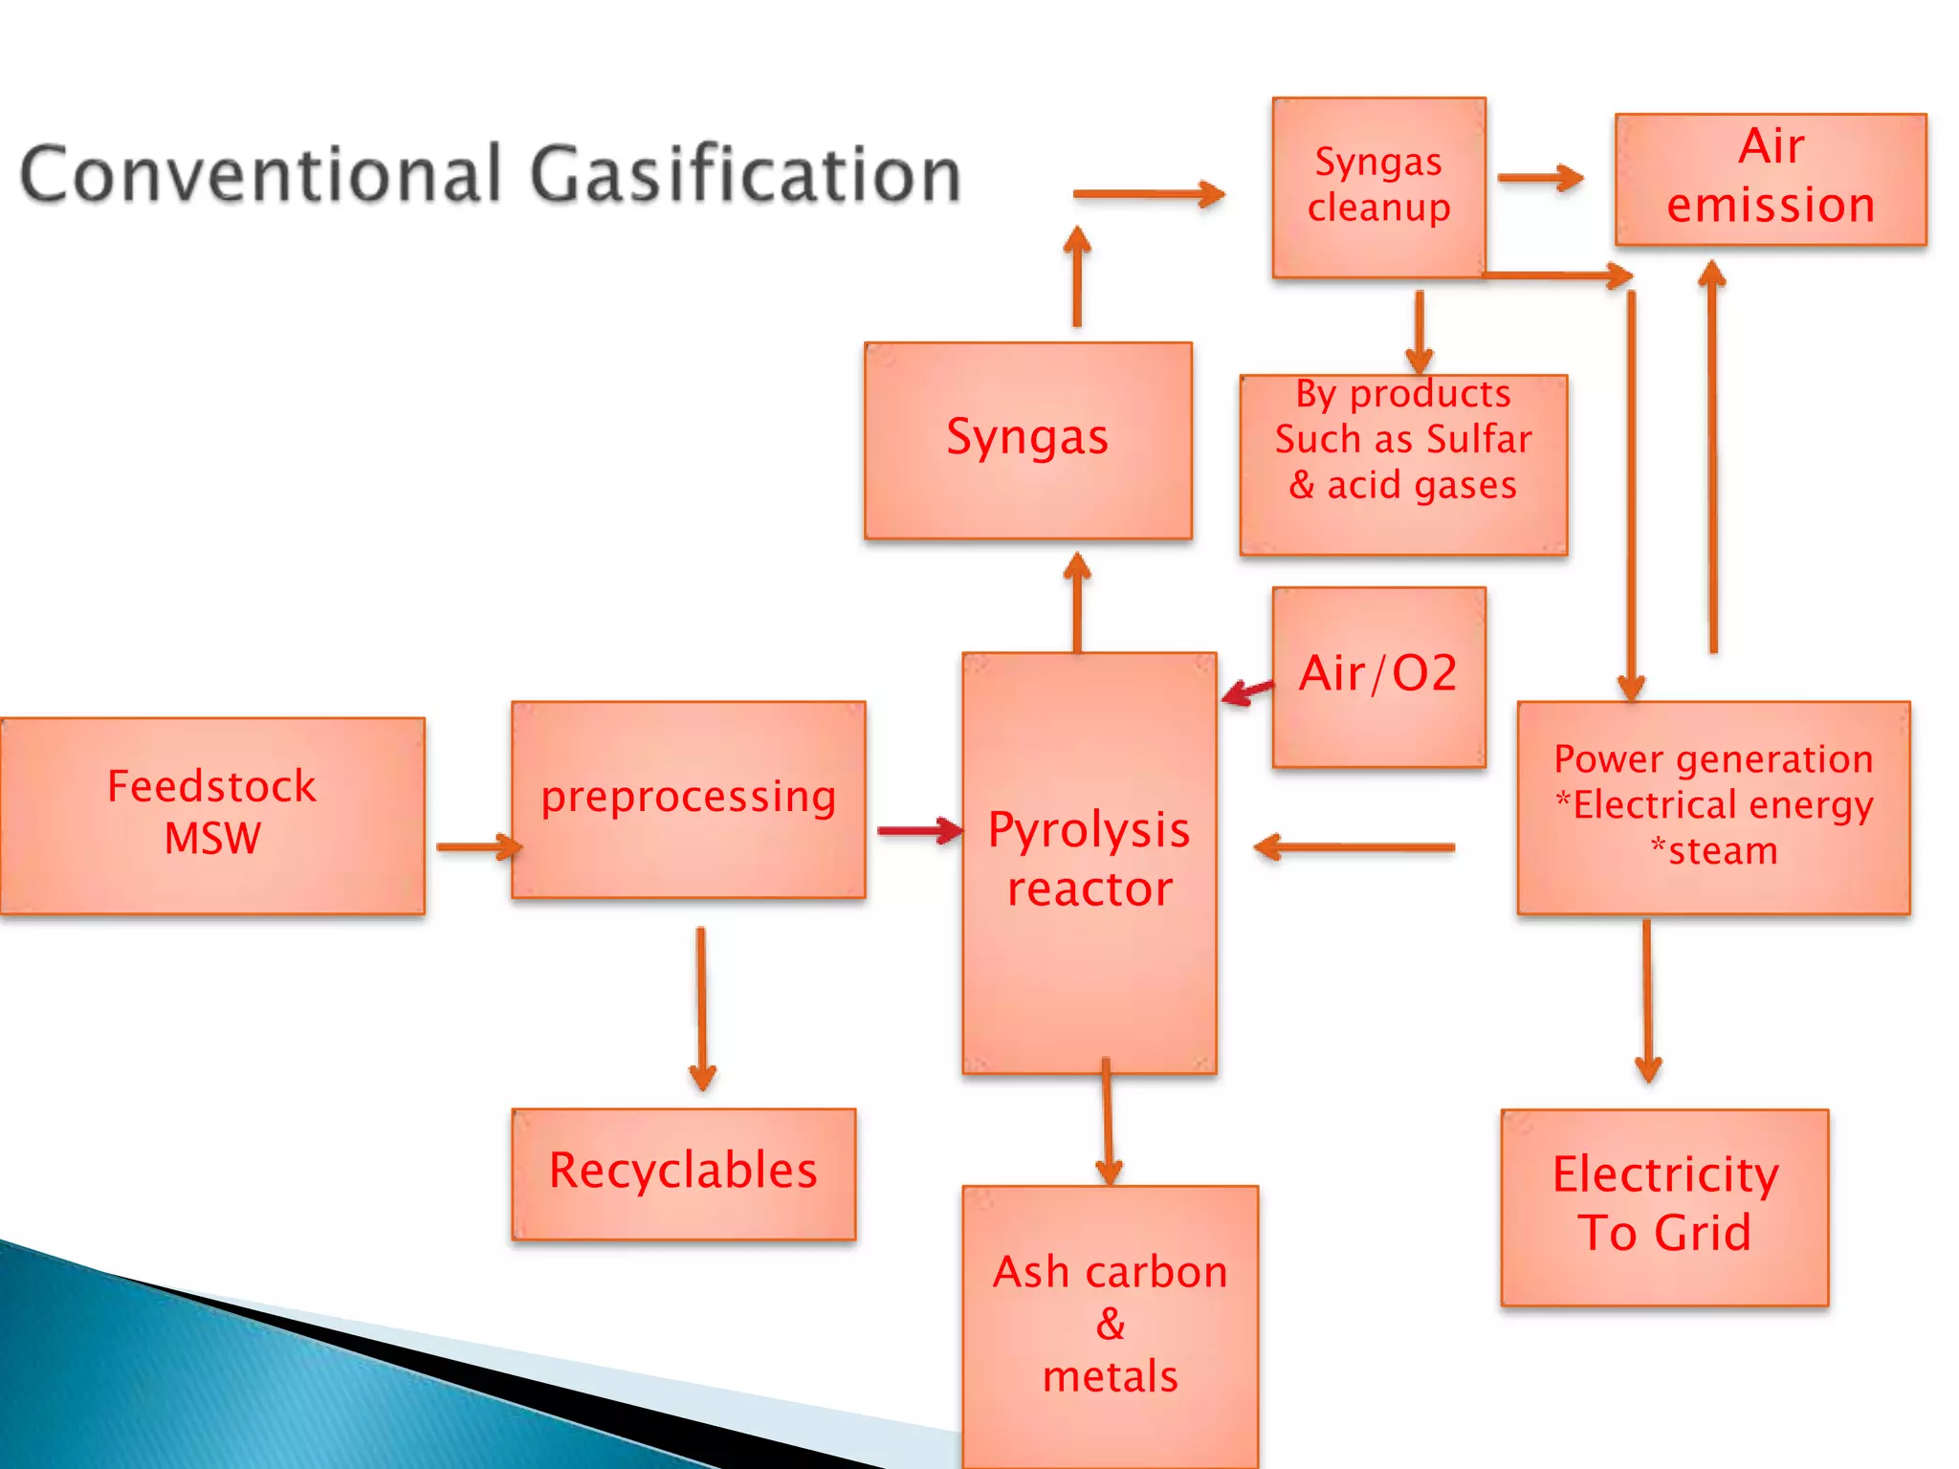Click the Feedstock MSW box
(211, 815)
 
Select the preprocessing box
(688, 800)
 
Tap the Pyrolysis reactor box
(1089, 861)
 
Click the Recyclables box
(683, 1173)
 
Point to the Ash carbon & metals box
(1110, 1325)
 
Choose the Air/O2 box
(1377, 675)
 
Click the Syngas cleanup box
(1378, 186)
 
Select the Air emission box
(1770, 179)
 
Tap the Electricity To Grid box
(1664, 1205)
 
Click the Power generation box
(1712, 806)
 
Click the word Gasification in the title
(745, 175)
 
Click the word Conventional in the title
(260, 175)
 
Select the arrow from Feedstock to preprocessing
(477, 846)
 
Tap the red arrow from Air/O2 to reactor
(1247, 691)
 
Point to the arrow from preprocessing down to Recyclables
(701, 1009)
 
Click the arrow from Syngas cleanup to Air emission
(1539, 178)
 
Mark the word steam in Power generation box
(1722, 851)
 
